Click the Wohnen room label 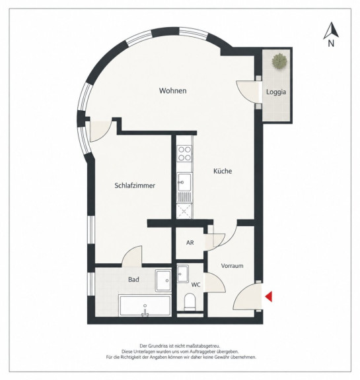tap(172, 90)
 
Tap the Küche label tap(223, 171)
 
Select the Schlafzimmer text tap(135, 185)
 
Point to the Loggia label tap(276, 92)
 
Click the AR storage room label tap(190, 243)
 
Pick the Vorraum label tap(232, 266)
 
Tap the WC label tap(196, 285)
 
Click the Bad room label tap(133, 280)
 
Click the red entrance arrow tap(269, 297)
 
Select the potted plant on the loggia tap(279, 61)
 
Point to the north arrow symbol tap(331, 30)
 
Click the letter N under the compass tap(331, 44)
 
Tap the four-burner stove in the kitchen tap(184, 154)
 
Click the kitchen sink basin tap(184, 182)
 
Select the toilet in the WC tap(190, 302)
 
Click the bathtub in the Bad tap(145, 305)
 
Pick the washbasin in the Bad tap(163, 280)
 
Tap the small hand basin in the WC tap(183, 274)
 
